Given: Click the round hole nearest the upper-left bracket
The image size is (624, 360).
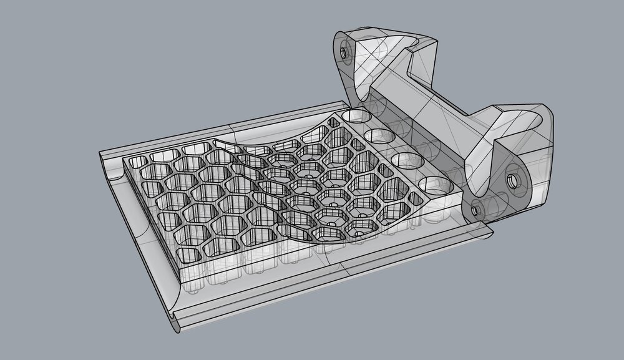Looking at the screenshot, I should point(354,116).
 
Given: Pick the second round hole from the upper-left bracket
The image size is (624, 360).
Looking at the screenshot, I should point(378,135).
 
